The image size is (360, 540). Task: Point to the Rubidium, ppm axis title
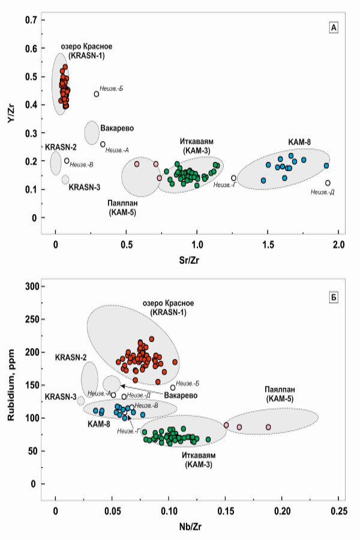pyautogui.click(x=10, y=384)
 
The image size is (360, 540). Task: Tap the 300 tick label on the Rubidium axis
pyautogui.click(x=30, y=286)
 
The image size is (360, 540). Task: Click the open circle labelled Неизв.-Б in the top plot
pyautogui.click(x=97, y=94)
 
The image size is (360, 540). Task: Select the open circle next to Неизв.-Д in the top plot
pyautogui.click(x=328, y=183)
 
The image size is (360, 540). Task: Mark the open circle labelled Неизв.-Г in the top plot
pyautogui.click(x=234, y=178)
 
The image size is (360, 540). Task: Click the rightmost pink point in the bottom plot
pyautogui.click(x=268, y=427)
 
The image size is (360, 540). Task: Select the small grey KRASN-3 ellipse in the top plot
pyautogui.click(x=65, y=179)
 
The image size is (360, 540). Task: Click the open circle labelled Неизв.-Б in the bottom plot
pyautogui.click(x=173, y=388)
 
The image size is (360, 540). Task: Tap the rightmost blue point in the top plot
pyautogui.click(x=326, y=166)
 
